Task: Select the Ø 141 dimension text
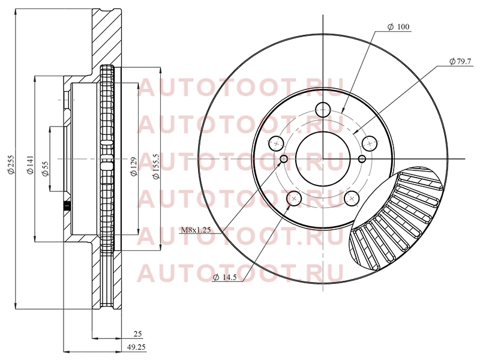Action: (30, 166)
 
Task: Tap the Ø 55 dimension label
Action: (45, 169)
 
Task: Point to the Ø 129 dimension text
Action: (133, 167)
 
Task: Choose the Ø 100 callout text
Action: (398, 27)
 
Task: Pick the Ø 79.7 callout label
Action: (461, 62)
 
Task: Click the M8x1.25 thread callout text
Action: (196, 230)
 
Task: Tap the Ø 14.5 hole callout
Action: (226, 277)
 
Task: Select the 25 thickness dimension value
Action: (138, 334)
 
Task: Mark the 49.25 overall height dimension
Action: (136, 347)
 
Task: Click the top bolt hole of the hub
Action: (323, 110)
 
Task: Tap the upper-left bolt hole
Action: (277, 143)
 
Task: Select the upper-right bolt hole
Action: (370, 143)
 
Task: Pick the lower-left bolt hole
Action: (294, 199)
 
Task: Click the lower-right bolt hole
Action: (352, 199)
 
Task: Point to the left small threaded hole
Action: (284, 159)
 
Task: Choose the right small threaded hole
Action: (362, 159)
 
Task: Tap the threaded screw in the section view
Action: (67, 206)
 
